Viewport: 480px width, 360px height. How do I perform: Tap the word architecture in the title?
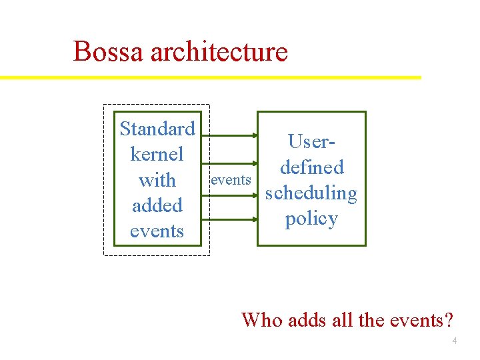coord(219,52)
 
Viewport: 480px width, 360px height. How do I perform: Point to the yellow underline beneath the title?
coord(211,77)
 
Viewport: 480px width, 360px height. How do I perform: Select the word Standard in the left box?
coord(157,128)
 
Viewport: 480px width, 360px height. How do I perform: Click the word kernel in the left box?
coord(157,154)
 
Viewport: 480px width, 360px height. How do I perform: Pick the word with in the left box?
coord(157,180)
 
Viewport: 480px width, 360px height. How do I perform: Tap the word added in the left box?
coord(157,205)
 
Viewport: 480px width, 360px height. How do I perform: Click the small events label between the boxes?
coord(231,180)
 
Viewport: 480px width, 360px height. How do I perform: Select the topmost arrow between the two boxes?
coord(231,135)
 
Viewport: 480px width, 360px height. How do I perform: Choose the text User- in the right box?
coord(311,141)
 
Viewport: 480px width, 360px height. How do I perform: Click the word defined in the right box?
coord(311,167)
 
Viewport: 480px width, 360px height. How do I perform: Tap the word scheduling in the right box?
coord(311,193)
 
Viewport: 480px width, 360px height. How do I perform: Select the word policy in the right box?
coord(311,219)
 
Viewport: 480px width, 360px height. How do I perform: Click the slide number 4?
coord(455,341)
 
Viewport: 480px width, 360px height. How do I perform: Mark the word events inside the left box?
coord(157,231)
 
